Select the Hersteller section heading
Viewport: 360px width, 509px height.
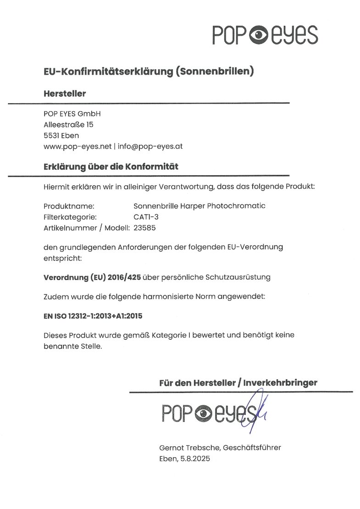pyautogui.click(x=65, y=94)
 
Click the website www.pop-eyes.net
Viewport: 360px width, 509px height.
pyautogui.click(x=78, y=146)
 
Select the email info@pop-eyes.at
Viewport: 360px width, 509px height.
pyautogui.click(x=151, y=146)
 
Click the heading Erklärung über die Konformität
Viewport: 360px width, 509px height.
pyautogui.click(x=111, y=167)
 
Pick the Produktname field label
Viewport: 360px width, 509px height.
pyautogui.click(x=69, y=206)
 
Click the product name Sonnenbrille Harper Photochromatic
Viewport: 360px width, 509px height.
pyautogui.click(x=199, y=206)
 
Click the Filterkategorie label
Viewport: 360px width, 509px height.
pyautogui.click(x=70, y=216)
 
